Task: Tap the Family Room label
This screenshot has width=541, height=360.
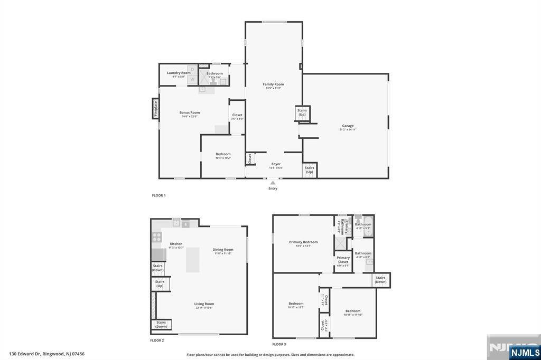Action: pos(273,84)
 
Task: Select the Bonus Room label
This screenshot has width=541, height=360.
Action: pos(189,112)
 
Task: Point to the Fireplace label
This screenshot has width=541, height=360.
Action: pos(156,109)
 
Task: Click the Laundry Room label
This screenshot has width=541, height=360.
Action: pos(179,73)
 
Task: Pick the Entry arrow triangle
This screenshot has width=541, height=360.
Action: pos(273,183)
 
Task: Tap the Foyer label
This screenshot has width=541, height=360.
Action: pos(276,164)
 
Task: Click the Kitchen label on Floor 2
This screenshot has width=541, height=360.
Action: pos(175,244)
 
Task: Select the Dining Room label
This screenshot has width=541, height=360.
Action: pos(223,250)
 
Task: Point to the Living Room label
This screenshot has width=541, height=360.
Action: pos(204,304)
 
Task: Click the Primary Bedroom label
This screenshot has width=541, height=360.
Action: pos(303,242)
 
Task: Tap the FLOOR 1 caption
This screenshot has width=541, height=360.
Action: pos(158,195)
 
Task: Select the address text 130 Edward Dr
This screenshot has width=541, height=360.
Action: pos(46,354)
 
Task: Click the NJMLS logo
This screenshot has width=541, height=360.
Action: pos(525,352)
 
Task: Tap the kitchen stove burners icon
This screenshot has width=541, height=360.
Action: pos(157,238)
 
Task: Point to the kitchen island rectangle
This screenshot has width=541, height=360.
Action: pos(192,260)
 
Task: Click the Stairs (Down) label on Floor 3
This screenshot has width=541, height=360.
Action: pos(380,280)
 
